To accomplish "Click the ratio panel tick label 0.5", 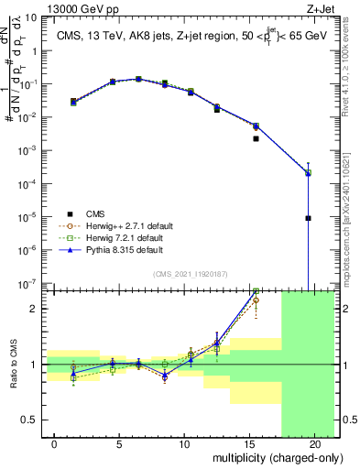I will point(30,420).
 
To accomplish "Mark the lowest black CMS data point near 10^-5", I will point(308,218).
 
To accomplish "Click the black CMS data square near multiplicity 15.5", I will point(256,139).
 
